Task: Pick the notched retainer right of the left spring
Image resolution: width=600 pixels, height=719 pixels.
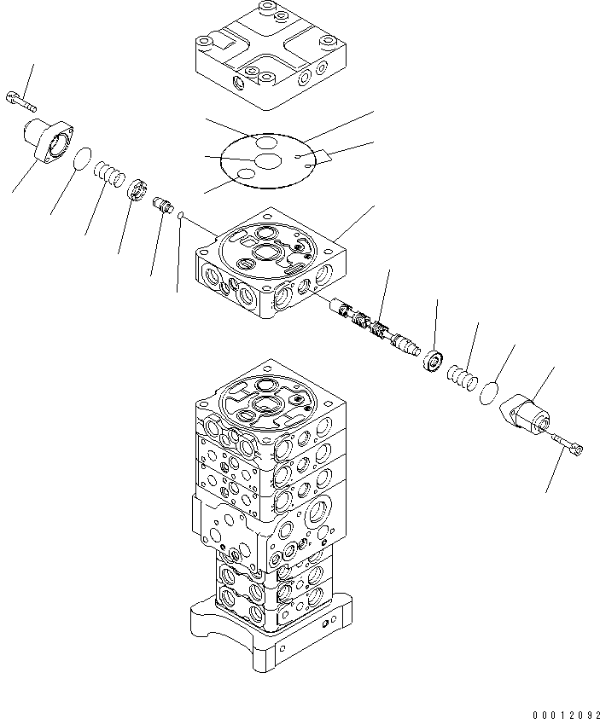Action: point(139,188)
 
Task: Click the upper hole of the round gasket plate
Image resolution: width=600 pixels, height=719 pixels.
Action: point(265,141)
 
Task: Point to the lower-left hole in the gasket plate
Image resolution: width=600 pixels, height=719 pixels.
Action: point(245,174)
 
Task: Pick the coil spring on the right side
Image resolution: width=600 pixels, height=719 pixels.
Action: point(461,377)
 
